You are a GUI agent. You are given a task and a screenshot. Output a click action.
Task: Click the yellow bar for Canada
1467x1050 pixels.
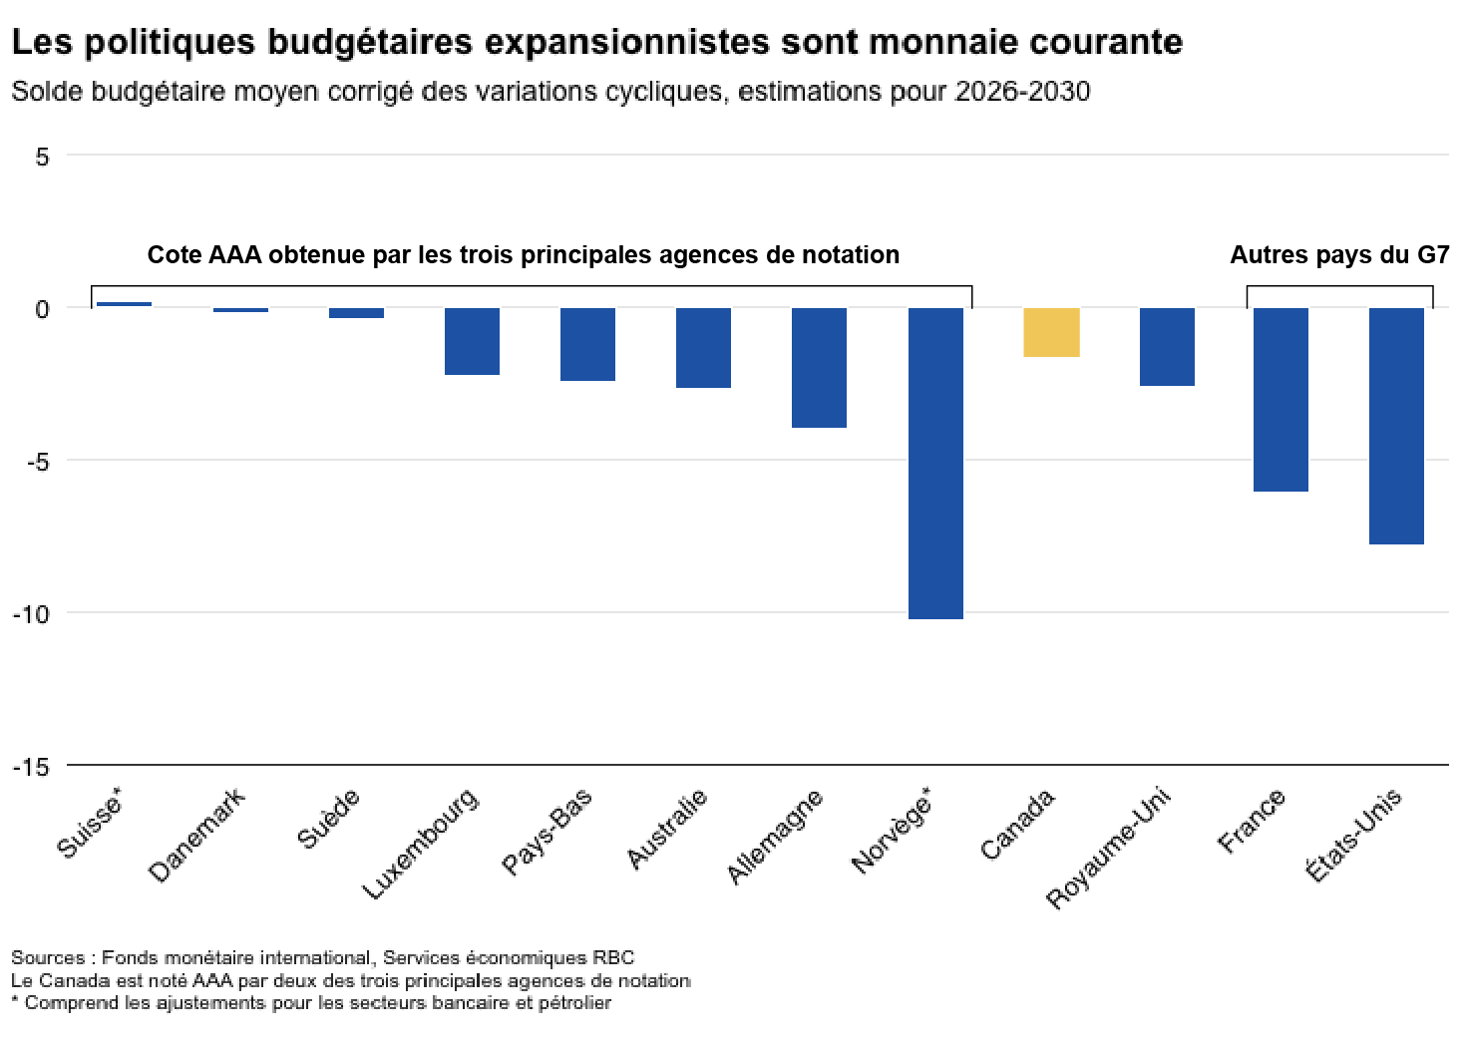[x=1051, y=332]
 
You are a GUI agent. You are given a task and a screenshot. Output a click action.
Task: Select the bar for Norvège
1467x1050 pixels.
[x=935, y=463]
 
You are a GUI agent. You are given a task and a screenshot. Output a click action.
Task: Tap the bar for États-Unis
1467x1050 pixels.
[x=1396, y=426]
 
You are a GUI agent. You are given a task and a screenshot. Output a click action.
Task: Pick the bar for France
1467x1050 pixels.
[x=1281, y=399]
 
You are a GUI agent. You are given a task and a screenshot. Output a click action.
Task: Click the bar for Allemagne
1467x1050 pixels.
[x=819, y=367]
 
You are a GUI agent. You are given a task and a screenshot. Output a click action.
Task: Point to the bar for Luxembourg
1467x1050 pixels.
[x=472, y=341]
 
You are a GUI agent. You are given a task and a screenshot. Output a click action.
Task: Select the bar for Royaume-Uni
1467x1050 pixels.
[x=1167, y=346]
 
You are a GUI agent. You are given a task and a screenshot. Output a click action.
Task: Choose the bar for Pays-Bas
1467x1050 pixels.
[x=587, y=344]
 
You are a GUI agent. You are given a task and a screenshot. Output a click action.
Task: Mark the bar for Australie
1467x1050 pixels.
[x=703, y=347]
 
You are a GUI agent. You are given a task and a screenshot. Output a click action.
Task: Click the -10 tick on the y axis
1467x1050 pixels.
[x=31, y=613]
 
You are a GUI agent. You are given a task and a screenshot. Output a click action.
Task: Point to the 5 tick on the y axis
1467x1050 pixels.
[x=42, y=157]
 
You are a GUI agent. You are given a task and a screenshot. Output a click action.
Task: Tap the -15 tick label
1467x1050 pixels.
[x=31, y=767]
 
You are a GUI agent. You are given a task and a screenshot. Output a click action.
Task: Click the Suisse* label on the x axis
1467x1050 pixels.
[x=90, y=823]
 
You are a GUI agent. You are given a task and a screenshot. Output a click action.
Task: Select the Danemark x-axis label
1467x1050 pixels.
[x=196, y=836]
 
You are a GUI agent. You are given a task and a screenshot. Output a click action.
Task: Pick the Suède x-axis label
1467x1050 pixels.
[x=328, y=819]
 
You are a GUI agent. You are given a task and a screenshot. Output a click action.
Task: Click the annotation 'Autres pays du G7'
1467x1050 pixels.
[x=1338, y=255]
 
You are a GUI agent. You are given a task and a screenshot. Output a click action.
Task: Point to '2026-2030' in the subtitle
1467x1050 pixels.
[x=1022, y=92]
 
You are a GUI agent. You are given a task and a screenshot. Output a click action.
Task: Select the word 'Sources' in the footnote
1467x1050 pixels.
[x=48, y=958]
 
